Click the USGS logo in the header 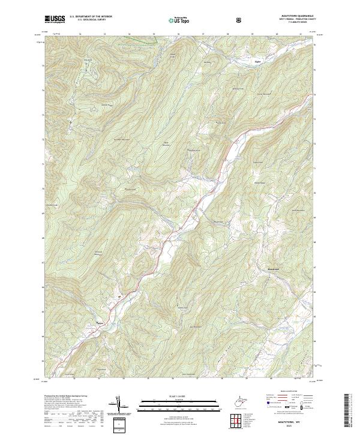[54, 19]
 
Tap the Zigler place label [257, 60]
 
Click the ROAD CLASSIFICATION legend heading [286, 394]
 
